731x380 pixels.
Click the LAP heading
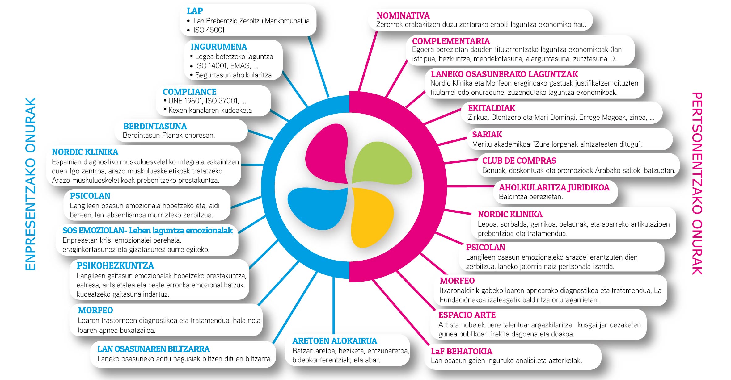click(195, 11)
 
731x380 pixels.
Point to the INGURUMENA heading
click(219, 47)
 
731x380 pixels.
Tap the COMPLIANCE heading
click(189, 92)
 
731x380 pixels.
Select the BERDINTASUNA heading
click(155, 126)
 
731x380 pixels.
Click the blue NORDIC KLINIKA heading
click(85, 152)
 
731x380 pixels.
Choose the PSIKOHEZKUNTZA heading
click(115, 265)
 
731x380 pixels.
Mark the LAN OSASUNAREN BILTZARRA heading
click(154, 349)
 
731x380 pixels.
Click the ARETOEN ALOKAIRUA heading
click(335, 341)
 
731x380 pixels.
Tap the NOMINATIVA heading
click(403, 15)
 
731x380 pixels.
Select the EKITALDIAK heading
click(492, 108)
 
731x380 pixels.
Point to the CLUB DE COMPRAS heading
click(519, 161)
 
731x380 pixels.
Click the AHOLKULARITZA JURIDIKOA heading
click(554, 187)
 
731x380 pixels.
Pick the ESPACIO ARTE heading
click(467, 315)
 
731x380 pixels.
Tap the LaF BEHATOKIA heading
click(462, 351)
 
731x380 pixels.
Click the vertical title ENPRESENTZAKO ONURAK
click(30, 184)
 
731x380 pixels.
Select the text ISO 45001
click(209, 30)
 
